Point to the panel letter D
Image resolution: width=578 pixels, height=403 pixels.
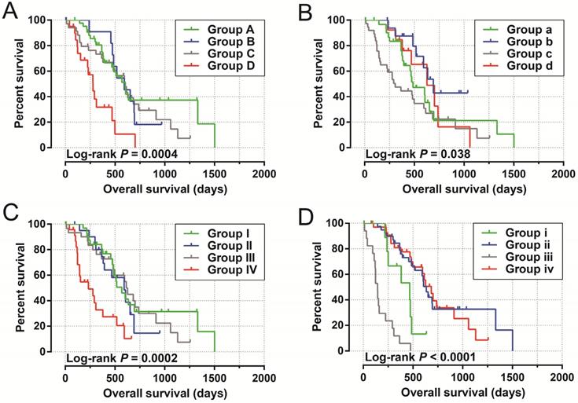(x=309, y=214)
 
